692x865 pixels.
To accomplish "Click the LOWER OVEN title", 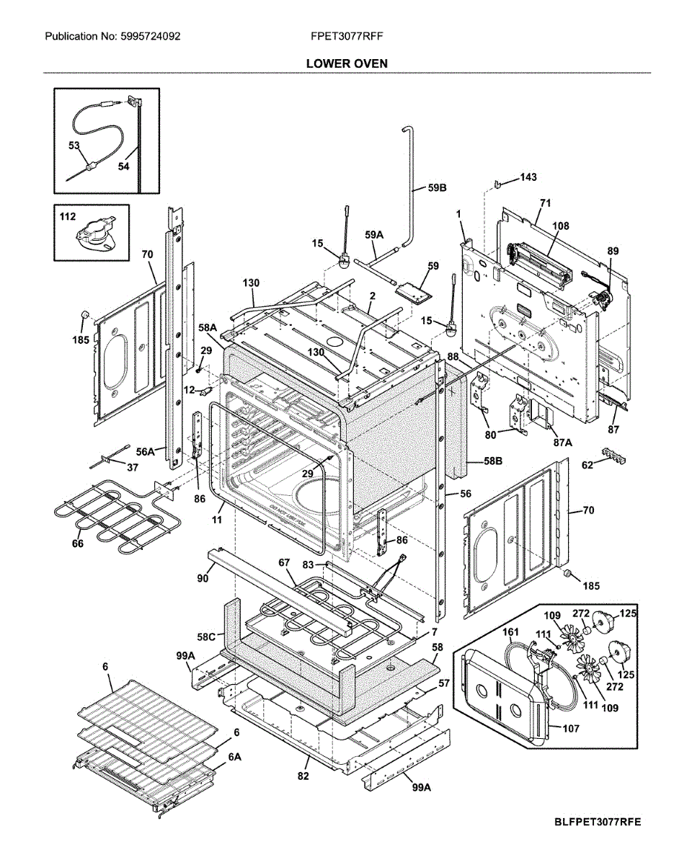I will [347, 63].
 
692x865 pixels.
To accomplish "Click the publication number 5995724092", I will [112, 37].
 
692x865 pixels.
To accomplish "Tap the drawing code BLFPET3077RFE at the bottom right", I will [598, 822].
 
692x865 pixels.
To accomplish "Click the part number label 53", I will [74, 146].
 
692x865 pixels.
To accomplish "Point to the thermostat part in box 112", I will [95, 236].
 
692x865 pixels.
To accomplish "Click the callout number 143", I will [528, 177].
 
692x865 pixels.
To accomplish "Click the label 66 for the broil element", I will [77, 544].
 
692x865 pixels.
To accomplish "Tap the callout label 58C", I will [206, 637].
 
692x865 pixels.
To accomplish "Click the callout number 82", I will [303, 776].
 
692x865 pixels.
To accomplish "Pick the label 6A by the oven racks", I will [234, 758].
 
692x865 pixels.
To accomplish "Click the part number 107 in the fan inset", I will [571, 729].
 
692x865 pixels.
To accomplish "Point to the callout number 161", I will [510, 633].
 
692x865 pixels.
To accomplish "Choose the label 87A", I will [562, 443].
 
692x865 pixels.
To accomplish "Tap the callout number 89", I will [613, 250].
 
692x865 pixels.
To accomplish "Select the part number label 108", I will [560, 226].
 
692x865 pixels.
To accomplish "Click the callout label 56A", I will [146, 451].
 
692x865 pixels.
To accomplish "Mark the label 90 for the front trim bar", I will [203, 578].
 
